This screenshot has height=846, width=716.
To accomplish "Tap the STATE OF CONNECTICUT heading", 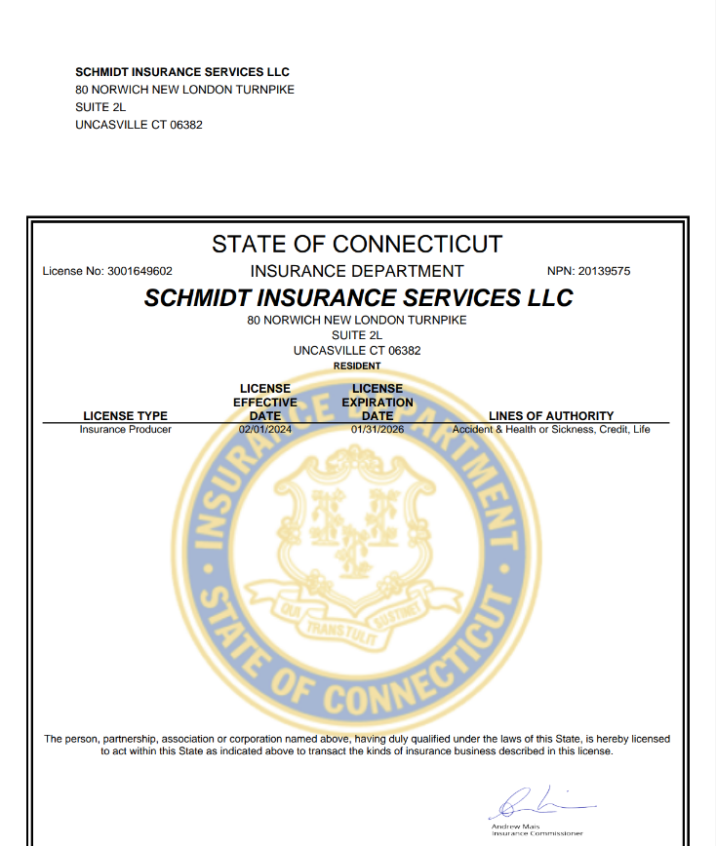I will tap(357, 244).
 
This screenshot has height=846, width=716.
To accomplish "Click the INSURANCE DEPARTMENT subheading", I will tap(357, 271).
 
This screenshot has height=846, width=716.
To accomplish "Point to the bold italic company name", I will tap(358, 297).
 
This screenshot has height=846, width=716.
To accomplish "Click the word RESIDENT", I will tap(357, 365).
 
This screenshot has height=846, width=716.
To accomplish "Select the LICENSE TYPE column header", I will tap(125, 416).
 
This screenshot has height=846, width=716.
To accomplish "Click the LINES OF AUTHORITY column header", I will tap(551, 416).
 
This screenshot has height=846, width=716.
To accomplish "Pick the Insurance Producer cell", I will tap(125, 429).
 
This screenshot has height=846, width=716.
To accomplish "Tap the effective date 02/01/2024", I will tap(265, 429).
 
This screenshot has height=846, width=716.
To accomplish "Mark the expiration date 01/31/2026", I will tap(378, 429).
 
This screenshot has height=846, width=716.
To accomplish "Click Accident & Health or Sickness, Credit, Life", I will tap(551, 429).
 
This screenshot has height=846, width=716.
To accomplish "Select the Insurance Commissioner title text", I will tap(537, 833).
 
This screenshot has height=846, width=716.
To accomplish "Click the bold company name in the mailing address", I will tap(182, 72).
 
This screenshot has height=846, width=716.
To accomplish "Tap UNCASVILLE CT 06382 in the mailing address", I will tap(139, 125).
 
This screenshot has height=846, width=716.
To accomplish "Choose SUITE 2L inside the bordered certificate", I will tap(357, 334).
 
